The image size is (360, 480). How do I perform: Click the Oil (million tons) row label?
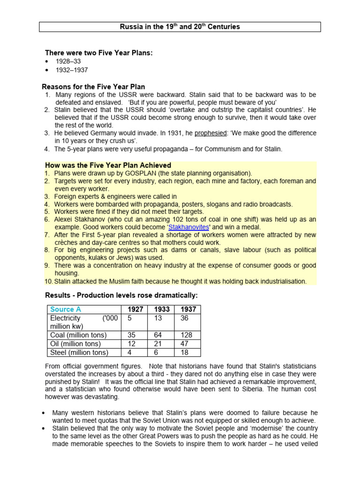[78, 344]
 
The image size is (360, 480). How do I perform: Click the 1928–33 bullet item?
[68, 61]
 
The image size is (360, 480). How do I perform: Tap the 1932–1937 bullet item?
[72, 70]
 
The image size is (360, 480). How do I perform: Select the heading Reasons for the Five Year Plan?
[93, 87]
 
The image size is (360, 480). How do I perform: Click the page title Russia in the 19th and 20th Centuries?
[180, 27]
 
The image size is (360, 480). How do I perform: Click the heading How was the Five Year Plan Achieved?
[108, 165]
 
